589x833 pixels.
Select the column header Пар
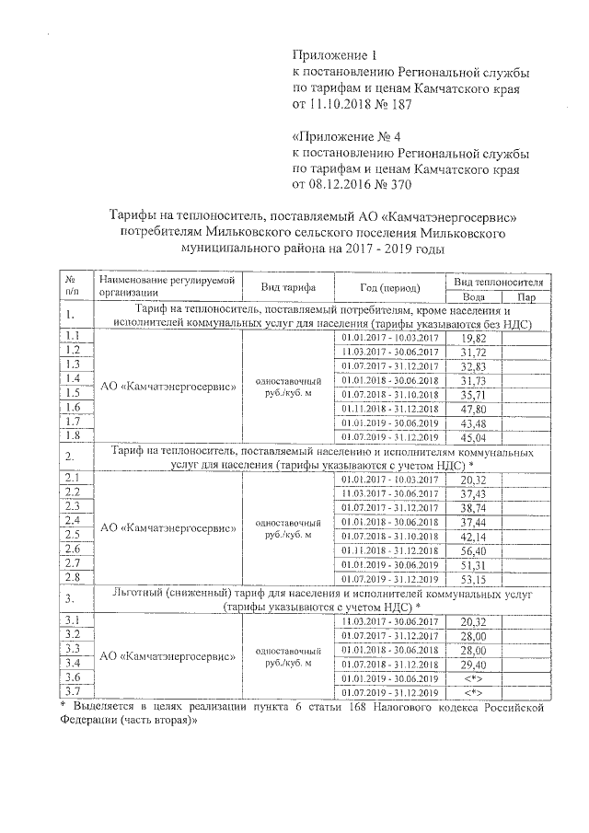[526, 297]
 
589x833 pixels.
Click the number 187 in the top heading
[398, 104]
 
